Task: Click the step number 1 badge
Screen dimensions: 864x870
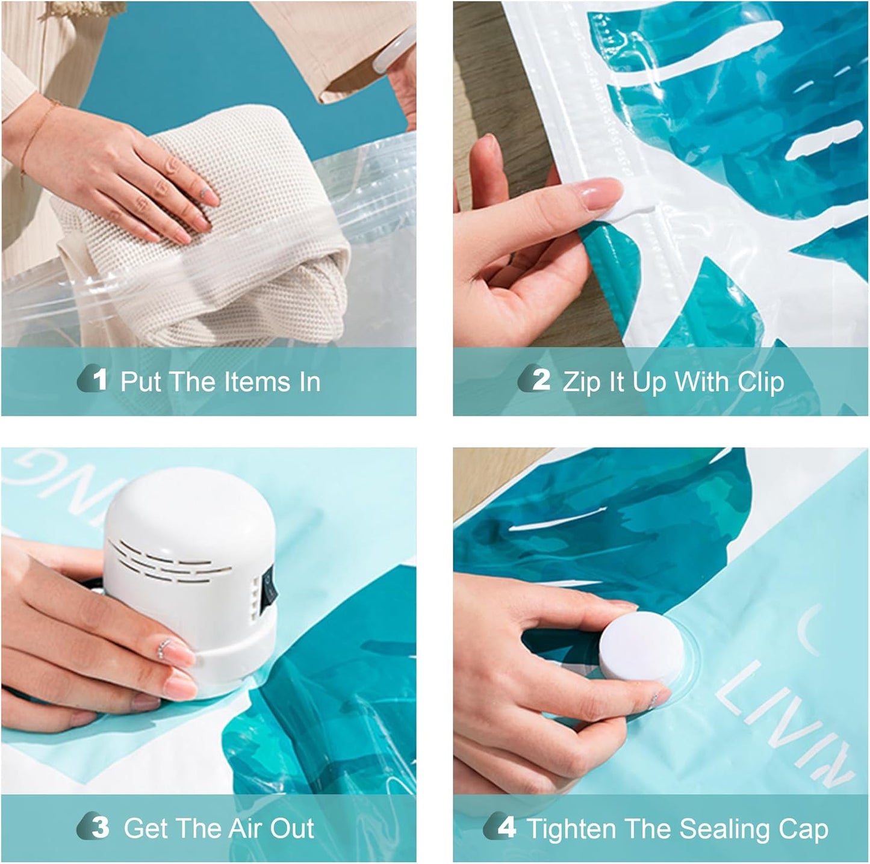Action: pyautogui.click(x=94, y=379)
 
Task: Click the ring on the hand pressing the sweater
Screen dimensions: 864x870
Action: pyautogui.click(x=203, y=193)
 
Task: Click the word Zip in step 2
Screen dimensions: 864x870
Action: pyautogui.click(x=581, y=383)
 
